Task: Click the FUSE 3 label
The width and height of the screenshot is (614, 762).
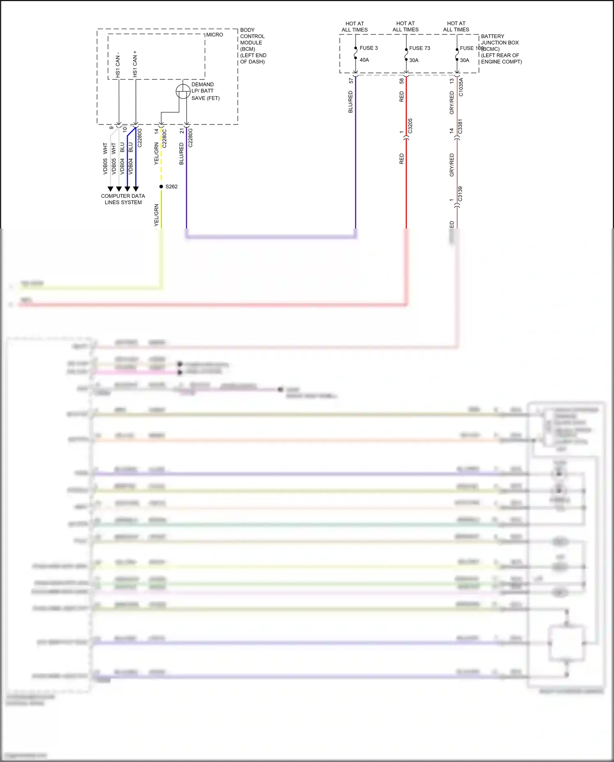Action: (x=368, y=48)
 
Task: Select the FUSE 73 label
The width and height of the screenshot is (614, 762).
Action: (x=420, y=48)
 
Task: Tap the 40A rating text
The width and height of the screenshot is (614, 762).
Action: (x=364, y=60)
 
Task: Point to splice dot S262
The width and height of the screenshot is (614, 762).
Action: (x=161, y=187)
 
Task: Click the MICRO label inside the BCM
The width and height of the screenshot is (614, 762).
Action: (x=214, y=35)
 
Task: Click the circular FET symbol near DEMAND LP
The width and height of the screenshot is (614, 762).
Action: (x=183, y=91)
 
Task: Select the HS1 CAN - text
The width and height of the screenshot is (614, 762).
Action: (x=118, y=65)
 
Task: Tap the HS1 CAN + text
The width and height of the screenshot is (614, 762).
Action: (x=135, y=64)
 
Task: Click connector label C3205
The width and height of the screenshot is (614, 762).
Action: (x=410, y=126)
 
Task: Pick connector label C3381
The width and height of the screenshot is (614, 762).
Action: (x=460, y=126)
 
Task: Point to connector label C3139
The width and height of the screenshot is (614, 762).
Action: (x=460, y=194)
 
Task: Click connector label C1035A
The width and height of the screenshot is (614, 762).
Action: (x=461, y=87)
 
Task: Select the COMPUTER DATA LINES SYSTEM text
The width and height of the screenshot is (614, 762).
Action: (x=123, y=199)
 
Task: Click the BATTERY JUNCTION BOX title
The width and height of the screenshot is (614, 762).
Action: (x=499, y=39)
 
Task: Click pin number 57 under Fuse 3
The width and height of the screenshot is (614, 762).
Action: (x=351, y=81)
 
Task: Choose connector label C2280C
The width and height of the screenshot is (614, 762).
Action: (x=165, y=138)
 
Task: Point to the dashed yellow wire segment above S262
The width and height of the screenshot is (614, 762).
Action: (x=161, y=160)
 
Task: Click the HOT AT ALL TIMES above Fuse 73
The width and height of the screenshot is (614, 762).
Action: (x=405, y=27)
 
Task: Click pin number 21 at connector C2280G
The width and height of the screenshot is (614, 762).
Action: (x=181, y=131)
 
